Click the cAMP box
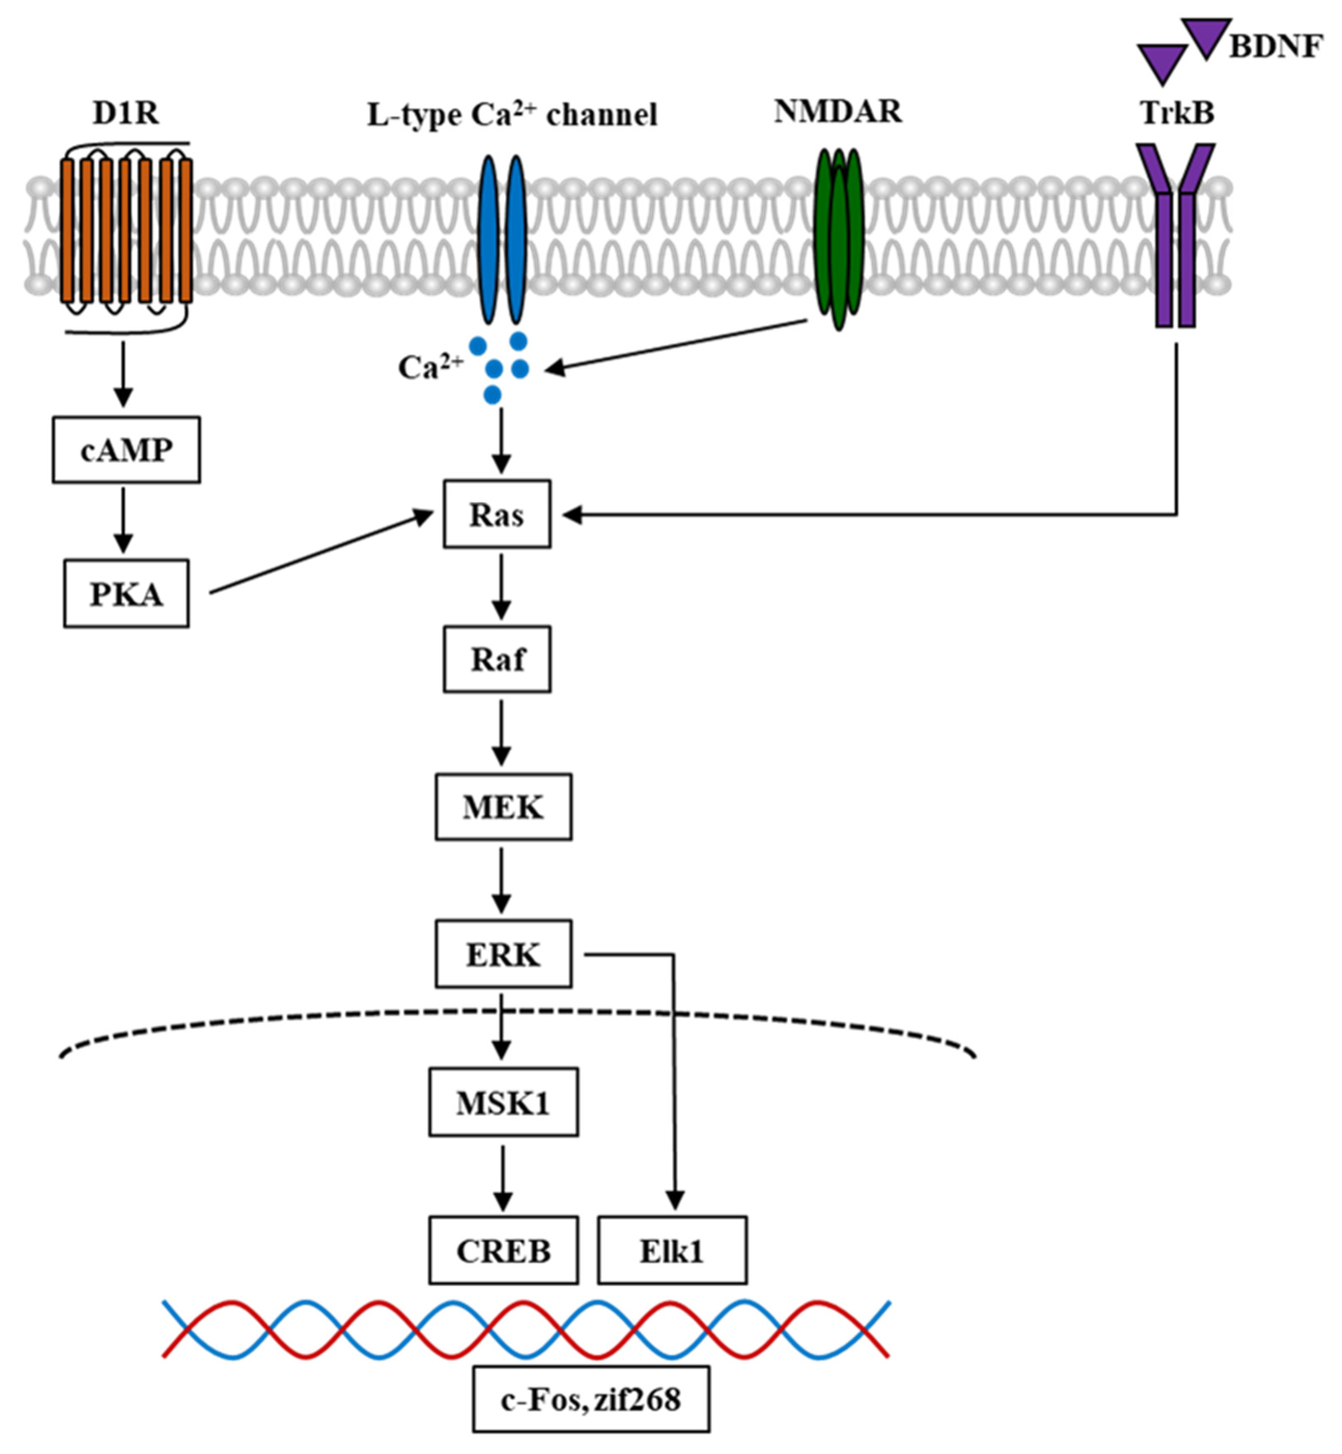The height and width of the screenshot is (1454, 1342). (x=126, y=450)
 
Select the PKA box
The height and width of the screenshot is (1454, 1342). (x=126, y=593)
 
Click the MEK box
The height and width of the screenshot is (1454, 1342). (x=503, y=807)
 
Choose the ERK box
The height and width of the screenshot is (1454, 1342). (x=503, y=954)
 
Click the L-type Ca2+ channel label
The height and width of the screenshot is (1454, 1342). (x=512, y=115)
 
